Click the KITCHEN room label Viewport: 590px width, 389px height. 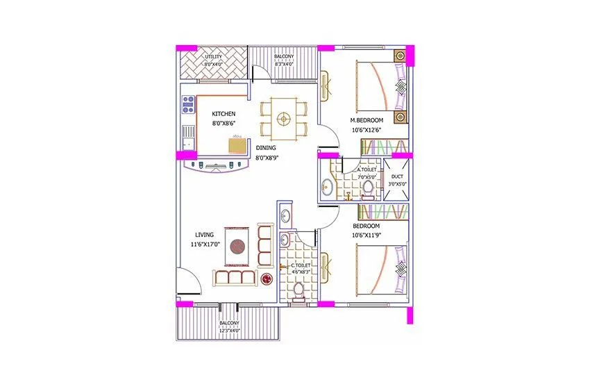pyautogui.click(x=224, y=113)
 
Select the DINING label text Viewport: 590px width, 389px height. pyautogui.click(x=266, y=148)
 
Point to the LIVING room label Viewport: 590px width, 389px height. pyautogui.click(x=204, y=235)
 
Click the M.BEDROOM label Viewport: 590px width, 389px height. pyautogui.click(x=366, y=120)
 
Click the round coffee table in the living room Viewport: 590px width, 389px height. pyautogui.click(x=238, y=247)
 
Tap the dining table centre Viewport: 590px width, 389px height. pyautogui.click(x=283, y=119)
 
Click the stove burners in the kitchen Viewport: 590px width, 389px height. pyautogui.click(x=187, y=105)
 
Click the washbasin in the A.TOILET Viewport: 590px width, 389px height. pyautogui.click(x=327, y=187)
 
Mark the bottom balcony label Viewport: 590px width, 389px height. pyautogui.click(x=230, y=324)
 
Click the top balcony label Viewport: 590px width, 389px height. pyautogui.click(x=283, y=56)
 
